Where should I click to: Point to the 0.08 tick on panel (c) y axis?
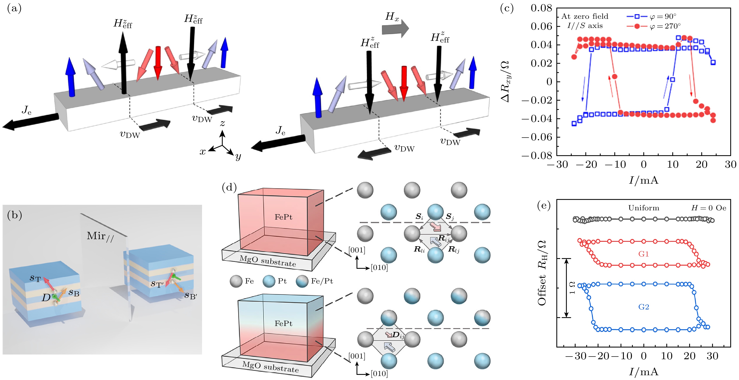541,8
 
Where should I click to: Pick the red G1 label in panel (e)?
643,254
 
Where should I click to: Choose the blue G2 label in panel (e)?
643,307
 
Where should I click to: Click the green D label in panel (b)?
46,298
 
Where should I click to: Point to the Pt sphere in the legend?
269,281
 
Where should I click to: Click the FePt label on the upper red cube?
283,217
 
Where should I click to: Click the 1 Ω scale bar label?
572,288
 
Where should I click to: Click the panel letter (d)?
229,188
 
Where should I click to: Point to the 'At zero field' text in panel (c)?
585,16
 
